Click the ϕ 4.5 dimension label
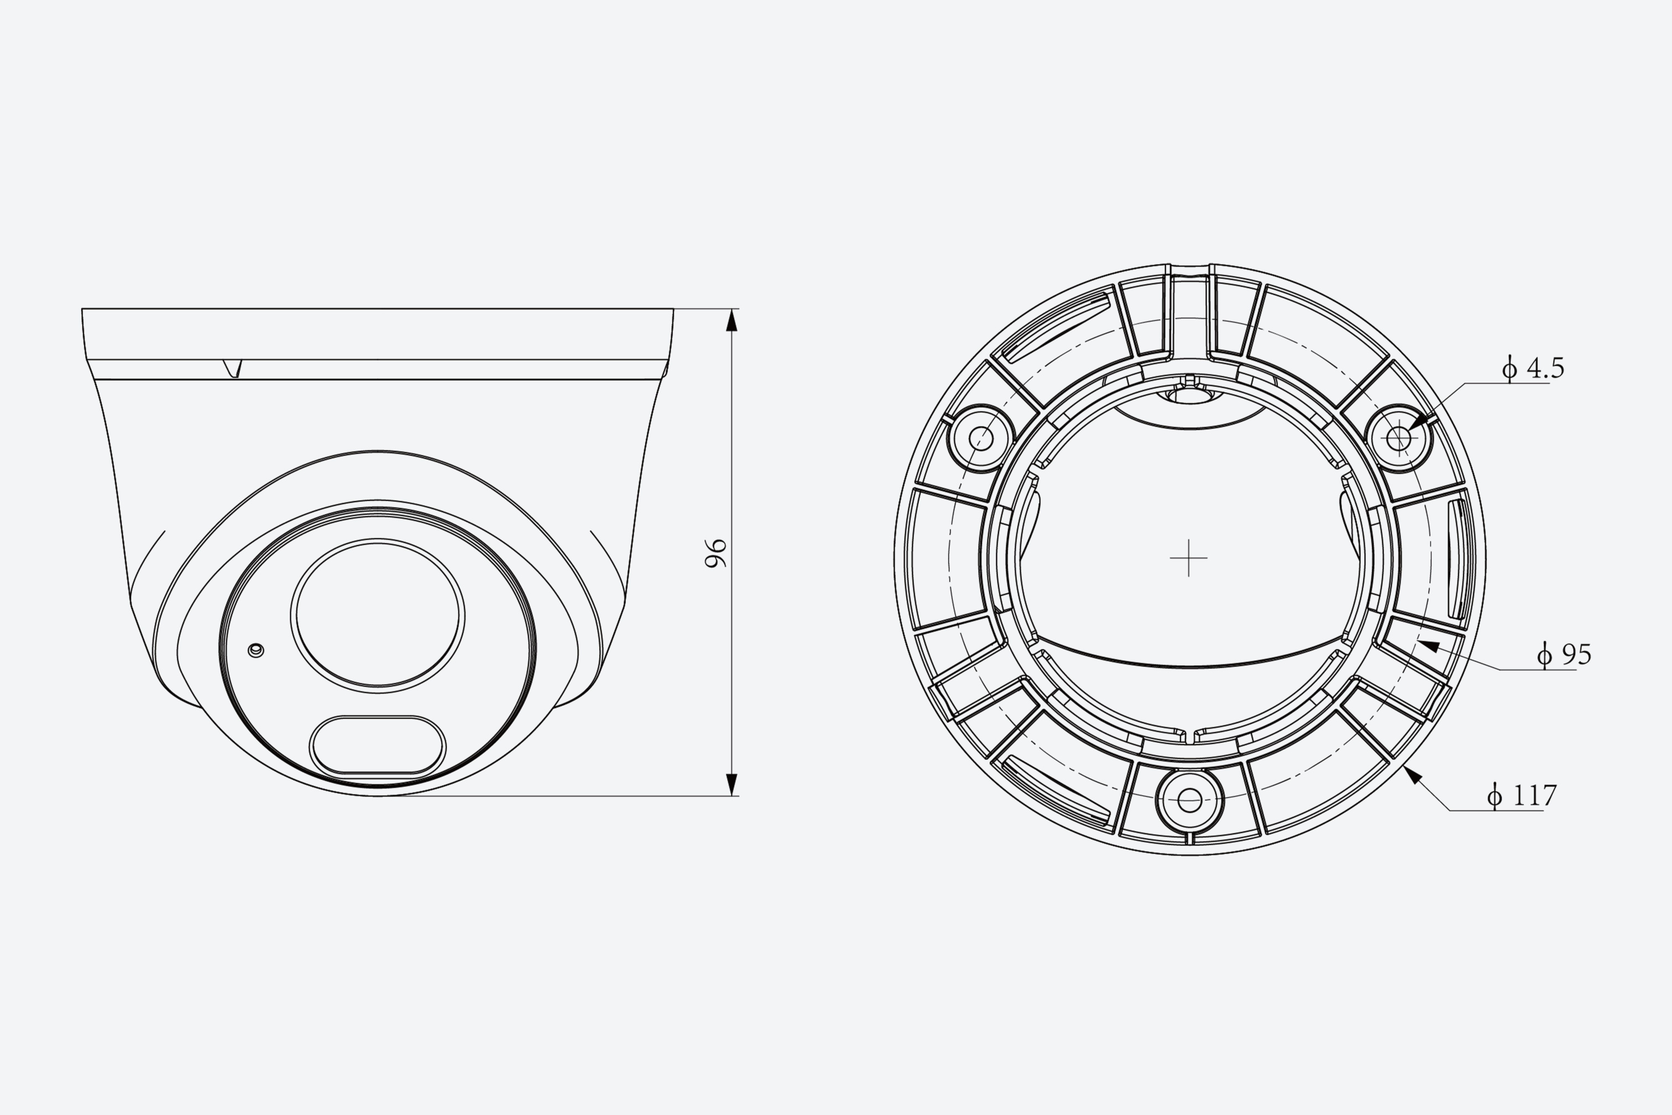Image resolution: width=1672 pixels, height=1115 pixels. point(1533,368)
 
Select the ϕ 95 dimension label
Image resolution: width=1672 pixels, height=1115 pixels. point(1564,654)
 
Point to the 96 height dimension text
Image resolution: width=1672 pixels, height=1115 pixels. point(716,553)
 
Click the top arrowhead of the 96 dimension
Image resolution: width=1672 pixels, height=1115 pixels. point(731,321)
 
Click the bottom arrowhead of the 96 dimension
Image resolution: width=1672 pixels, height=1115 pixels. point(731,784)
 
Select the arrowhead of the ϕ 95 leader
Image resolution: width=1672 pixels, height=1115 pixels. point(1428,647)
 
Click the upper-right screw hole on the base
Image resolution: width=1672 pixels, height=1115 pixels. point(1399,438)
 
